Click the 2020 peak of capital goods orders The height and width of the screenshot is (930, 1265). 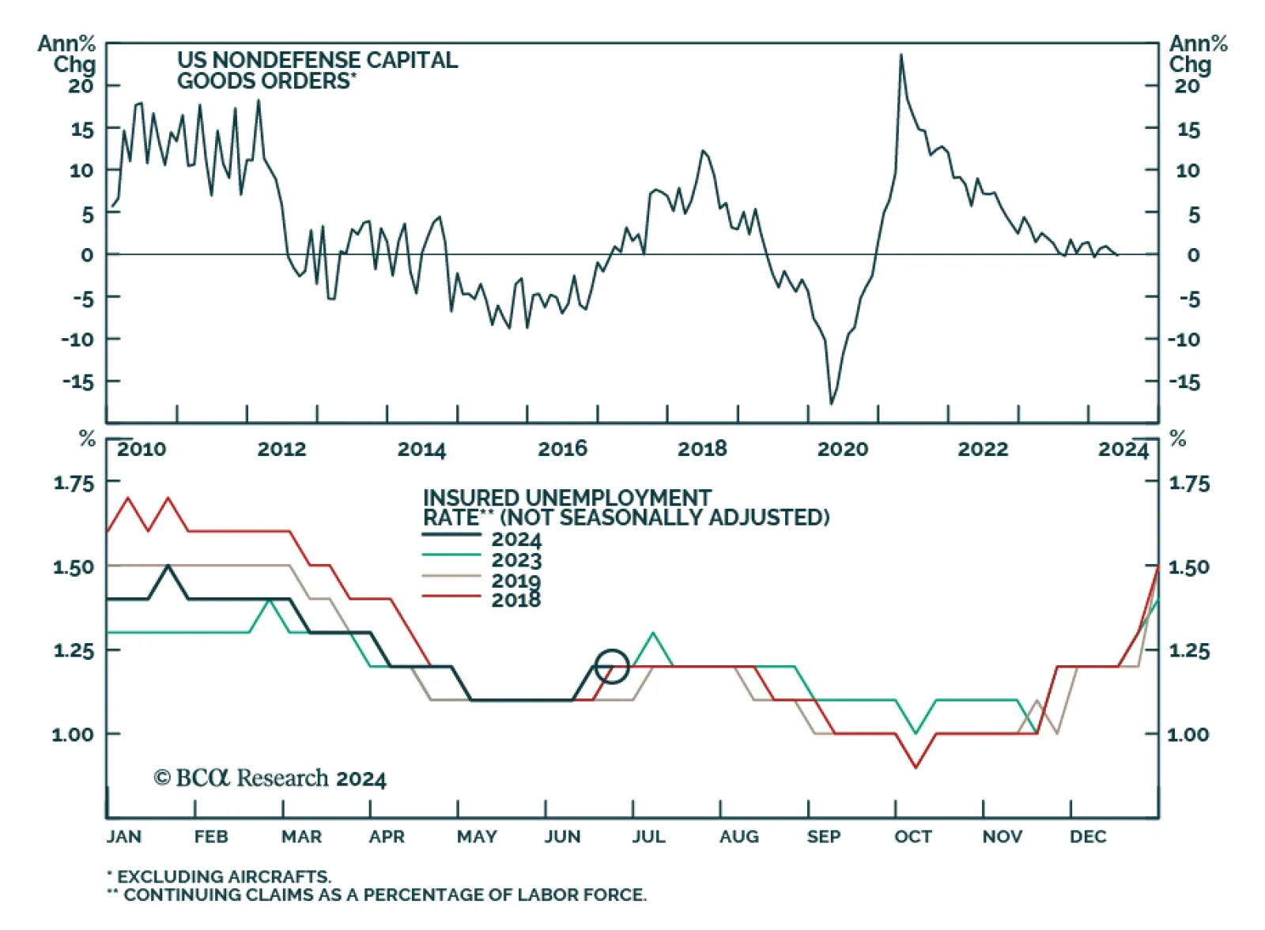[901, 55]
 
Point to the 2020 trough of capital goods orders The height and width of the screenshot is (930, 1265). [831, 403]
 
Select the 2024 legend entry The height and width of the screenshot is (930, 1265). [515, 540]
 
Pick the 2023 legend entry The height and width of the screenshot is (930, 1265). [515, 560]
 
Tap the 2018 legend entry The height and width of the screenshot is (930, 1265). [515, 600]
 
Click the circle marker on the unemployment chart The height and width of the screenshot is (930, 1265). [611, 666]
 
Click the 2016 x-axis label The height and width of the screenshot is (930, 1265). [562, 449]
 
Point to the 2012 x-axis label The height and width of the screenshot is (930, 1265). [281, 449]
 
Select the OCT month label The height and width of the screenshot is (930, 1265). [912, 837]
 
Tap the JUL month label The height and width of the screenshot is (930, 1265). [648, 837]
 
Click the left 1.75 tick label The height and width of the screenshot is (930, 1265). [74, 483]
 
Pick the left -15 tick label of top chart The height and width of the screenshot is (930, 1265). [77, 382]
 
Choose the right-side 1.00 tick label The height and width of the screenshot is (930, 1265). [1188, 734]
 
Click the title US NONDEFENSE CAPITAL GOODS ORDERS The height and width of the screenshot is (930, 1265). [316, 70]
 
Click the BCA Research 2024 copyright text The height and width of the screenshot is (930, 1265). [270, 778]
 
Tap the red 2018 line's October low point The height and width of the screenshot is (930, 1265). [916, 766]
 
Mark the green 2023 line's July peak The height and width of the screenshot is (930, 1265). [653, 633]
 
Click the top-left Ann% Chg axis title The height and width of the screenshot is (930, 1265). [67, 54]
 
